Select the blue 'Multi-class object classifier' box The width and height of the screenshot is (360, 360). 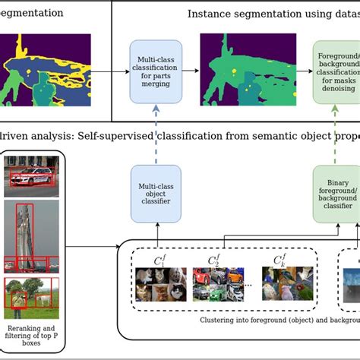coord(156,194)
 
